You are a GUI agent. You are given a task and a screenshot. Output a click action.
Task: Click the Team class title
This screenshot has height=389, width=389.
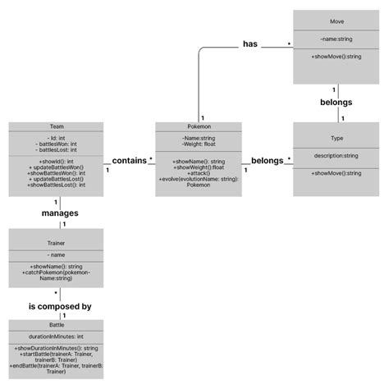tap(57, 127)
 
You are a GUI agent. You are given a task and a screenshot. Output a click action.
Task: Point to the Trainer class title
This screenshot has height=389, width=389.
tap(57, 243)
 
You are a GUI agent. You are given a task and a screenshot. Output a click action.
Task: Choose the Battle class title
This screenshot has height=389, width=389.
tap(57, 325)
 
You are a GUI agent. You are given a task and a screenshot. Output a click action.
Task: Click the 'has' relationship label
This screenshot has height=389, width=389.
tap(250, 44)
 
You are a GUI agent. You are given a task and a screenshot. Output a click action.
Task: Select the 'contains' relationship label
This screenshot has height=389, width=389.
tap(130, 161)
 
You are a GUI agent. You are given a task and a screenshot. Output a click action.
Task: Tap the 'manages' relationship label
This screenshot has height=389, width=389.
tap(59, 213)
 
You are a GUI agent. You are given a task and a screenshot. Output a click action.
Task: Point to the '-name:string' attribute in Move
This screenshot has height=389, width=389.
tap(336, 37)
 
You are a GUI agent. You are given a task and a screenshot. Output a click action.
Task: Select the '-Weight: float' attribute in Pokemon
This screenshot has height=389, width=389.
tap(199, 145)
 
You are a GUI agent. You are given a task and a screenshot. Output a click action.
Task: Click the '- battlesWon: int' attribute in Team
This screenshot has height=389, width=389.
tap(57, 144)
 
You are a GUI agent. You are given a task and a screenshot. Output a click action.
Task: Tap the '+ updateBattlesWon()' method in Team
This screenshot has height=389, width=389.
tap(57, 167)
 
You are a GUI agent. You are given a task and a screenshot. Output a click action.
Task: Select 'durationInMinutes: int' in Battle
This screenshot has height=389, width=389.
tap(57, 336)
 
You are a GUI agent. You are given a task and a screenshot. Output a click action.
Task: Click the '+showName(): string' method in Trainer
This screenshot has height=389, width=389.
tap(57, 267)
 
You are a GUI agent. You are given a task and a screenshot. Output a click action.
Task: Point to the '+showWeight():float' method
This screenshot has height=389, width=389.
tap(199, 167)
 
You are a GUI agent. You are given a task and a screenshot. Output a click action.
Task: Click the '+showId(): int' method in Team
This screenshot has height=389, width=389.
tap(57, 162)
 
